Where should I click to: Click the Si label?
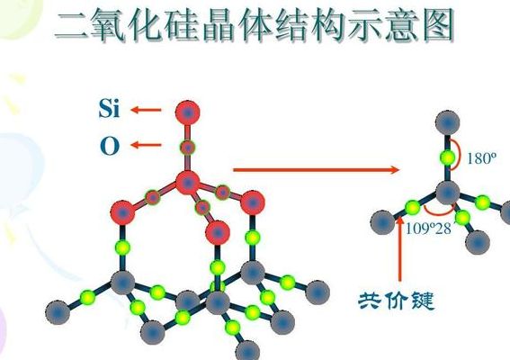110,108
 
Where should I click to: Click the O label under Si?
110,146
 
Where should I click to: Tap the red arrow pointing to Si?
146,110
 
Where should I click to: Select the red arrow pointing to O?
146,145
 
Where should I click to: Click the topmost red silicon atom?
188,112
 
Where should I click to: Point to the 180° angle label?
482,158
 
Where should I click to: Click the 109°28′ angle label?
429,229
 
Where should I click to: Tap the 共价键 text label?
396,301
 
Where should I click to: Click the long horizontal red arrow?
316,169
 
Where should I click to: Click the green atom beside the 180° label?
448,158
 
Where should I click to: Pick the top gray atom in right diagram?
448,122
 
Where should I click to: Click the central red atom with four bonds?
188,183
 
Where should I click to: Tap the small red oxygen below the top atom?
188,148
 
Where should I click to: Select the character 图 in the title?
437,25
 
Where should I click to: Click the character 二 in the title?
72,26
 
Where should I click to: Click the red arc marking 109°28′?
439,213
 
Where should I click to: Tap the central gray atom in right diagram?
448,193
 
